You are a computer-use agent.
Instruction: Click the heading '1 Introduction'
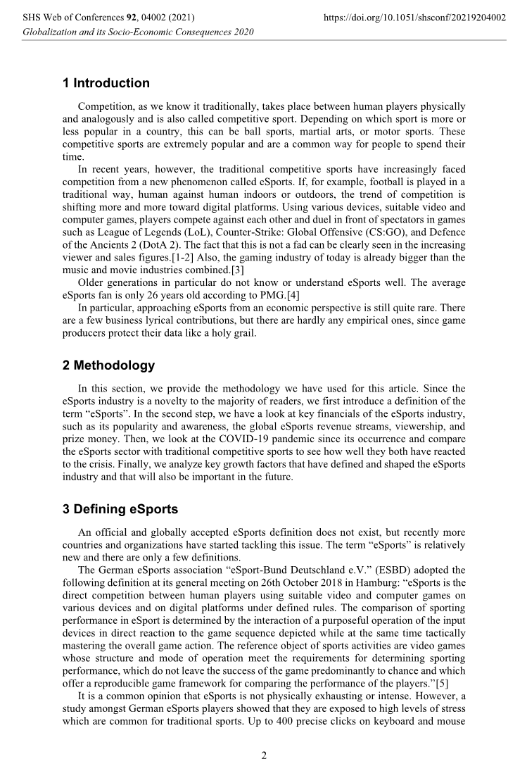(106, 83)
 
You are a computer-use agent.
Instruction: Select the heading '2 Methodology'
(108, 365)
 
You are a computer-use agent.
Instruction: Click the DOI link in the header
(417, 17)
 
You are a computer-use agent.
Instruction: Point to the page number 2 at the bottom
(264, 756)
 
